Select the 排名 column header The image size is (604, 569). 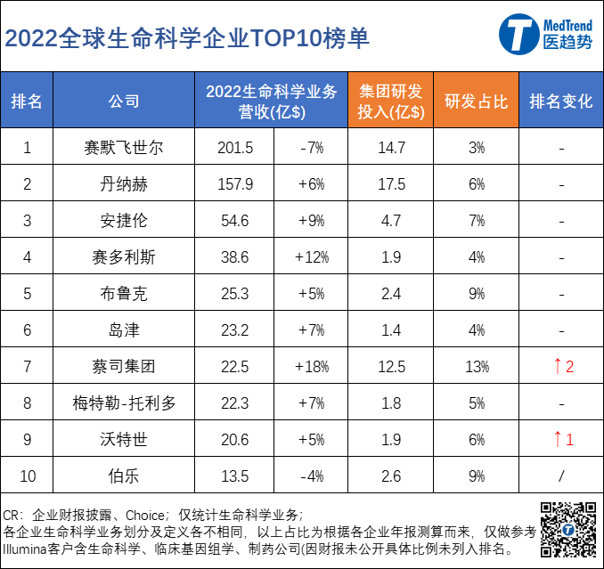click(x=27, y=101)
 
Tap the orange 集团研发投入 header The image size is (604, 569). click(x=391, y=101)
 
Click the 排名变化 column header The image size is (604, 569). click(x=560, y=101)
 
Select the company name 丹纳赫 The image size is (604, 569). click(x=124, y=184)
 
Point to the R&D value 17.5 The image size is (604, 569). click(x=391, y=184)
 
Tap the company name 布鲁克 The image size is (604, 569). click(x=124, y=294)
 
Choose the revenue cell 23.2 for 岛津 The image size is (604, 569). click(x=235, y=330)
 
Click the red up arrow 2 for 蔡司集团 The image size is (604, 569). click(x=562, y=366)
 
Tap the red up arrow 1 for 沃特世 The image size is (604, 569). click(x=562, y=439)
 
